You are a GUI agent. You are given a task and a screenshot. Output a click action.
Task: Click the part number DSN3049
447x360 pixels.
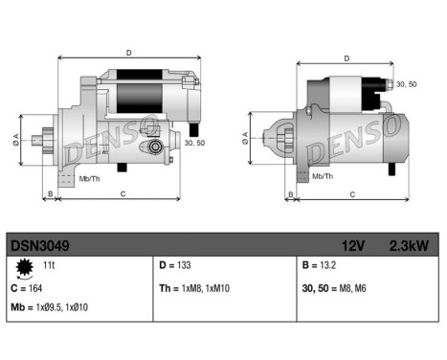pyautogui.click(x=39, y=246)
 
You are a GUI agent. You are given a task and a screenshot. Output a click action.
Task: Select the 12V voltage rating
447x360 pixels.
pyautogui.click(x=354, y=246)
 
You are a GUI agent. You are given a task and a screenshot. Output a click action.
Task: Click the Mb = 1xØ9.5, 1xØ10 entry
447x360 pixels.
pyautogui.click(x=50, y=308)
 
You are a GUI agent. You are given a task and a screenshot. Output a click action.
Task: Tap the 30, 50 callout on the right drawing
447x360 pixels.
pyautogui.click(x=406, y=84)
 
